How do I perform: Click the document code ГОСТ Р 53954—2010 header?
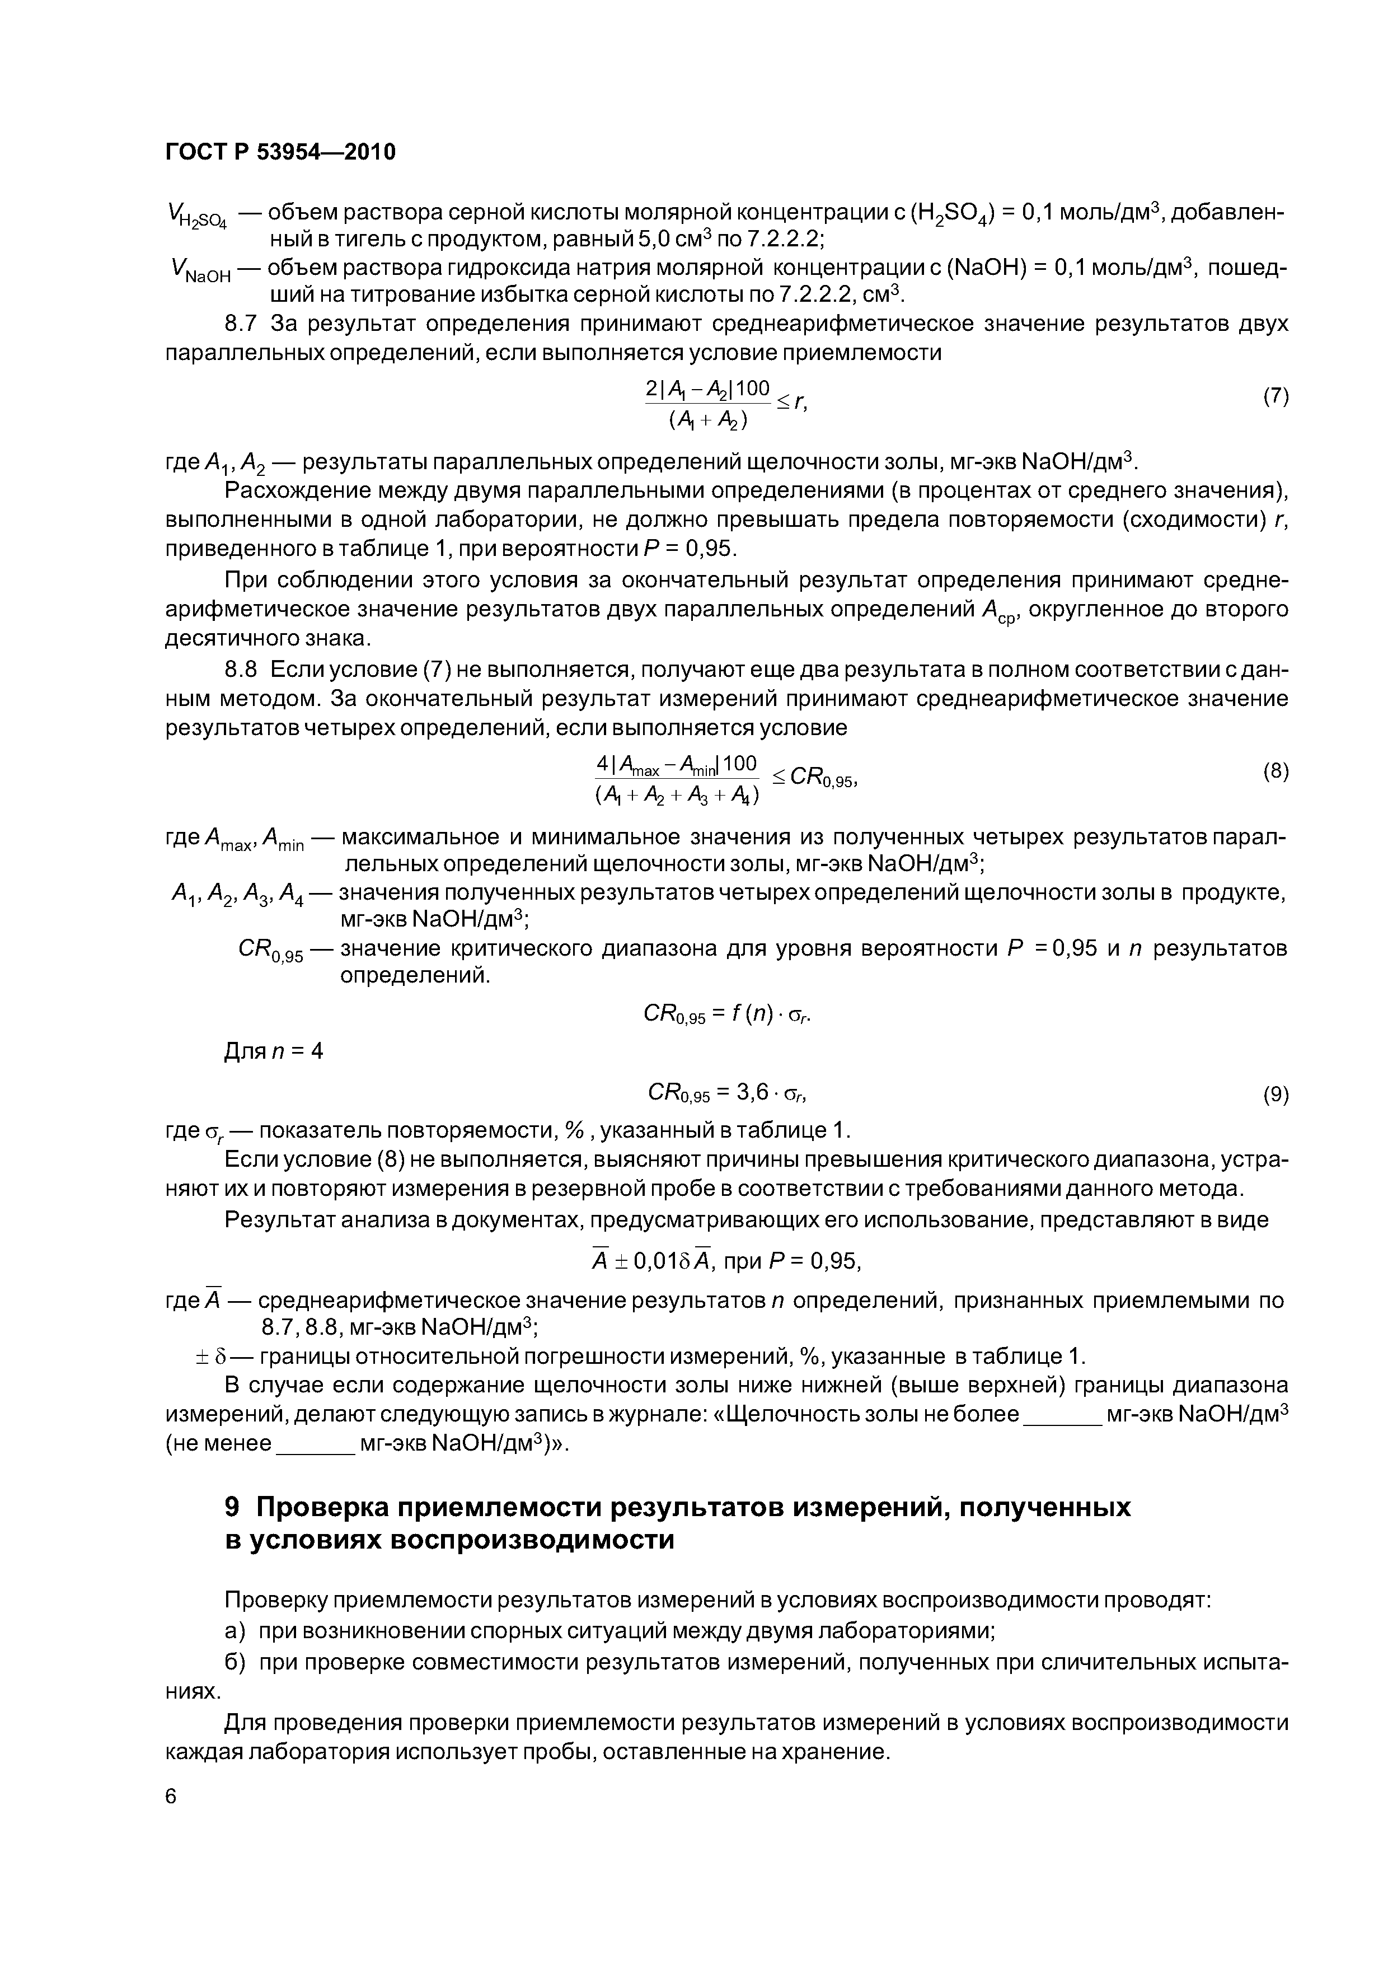280,152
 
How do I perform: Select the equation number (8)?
1275,771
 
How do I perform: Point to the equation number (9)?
1275,1095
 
